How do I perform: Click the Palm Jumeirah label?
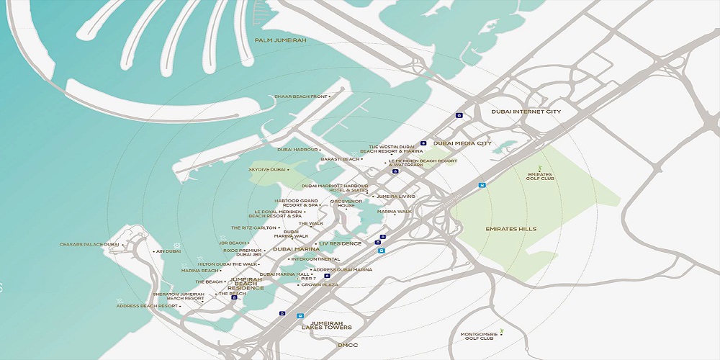pos(276,40)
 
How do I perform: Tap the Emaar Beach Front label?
pos(301,96)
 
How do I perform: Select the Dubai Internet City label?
pos(526,112)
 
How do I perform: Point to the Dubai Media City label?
pos(462,143)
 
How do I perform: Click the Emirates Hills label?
pos(510,229)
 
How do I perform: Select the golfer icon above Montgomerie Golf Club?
pos(502,330)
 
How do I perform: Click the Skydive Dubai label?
pos(268,169)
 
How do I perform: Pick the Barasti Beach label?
pos(340,159)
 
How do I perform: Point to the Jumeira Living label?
pos(396,196)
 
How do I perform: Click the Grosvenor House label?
pos(346,204)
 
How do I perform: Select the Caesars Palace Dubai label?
pos(90,245)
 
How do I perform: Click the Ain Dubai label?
pos(168,251)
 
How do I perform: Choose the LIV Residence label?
pos(340,243)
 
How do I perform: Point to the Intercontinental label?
pos(315,259)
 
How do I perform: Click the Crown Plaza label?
pos(320,285)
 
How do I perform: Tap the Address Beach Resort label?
pos(147,306)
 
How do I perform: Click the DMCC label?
pos(348,346)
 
